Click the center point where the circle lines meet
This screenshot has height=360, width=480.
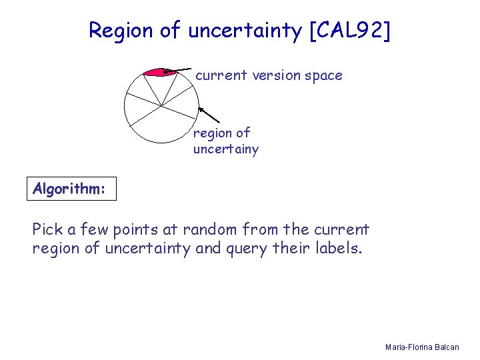[x=161, y=105]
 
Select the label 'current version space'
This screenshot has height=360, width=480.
[x=269, y=75]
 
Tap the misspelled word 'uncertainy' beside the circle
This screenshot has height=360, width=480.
[x=225, y=149]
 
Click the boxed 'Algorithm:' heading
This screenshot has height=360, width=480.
[x=69, y=189]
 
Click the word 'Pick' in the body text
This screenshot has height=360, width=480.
[x=47, y=230]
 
